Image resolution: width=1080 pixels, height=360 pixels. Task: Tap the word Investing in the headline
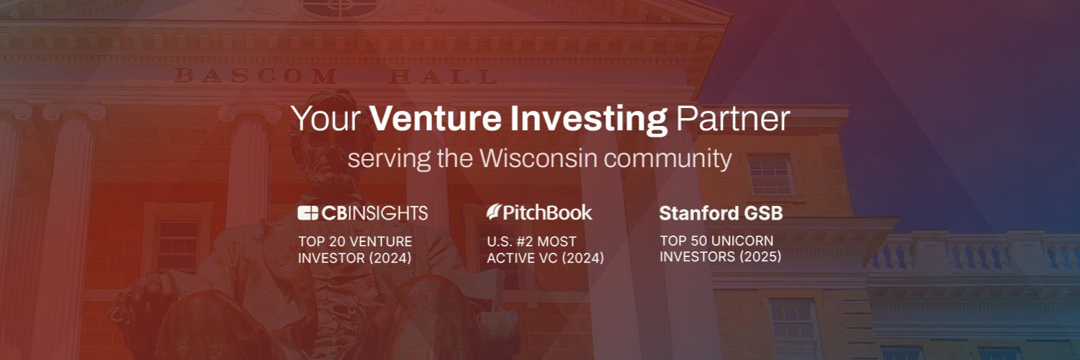(590, 120)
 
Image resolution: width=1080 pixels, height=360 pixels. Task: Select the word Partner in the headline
(732, 120)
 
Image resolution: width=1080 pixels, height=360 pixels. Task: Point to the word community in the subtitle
(669, 159)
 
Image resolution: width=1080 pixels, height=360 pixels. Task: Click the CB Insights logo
(363, 213)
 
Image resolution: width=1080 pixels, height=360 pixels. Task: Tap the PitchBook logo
(539, 212)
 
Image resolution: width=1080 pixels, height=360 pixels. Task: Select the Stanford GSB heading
(721, 214)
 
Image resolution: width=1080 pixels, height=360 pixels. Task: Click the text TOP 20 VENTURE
(355, 241)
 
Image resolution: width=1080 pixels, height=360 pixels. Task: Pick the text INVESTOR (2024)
(355, 258)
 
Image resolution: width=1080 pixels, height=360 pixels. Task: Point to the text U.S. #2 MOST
(531, 241)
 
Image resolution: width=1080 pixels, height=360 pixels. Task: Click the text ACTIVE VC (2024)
(545, 258)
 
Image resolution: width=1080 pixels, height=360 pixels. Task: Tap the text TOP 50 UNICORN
(716, 240)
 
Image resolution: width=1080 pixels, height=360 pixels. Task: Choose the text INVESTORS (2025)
(721, 256)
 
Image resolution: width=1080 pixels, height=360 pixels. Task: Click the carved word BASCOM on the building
(239, 75)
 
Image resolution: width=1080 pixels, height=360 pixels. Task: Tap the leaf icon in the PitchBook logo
(494, 212)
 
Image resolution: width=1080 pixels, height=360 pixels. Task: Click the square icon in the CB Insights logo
(307, 213)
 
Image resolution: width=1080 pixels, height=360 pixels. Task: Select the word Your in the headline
(328, 120)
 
